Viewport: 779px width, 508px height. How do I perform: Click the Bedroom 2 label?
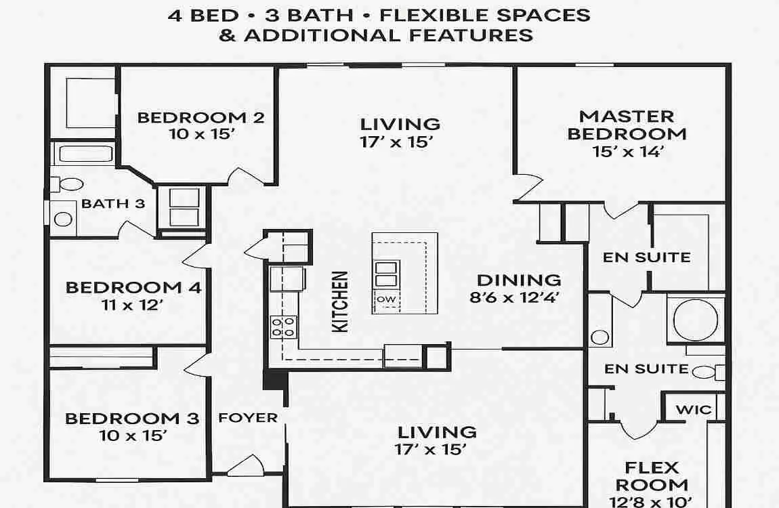201,117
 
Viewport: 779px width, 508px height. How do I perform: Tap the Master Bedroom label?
627,125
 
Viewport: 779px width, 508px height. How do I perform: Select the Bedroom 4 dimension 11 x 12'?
133,305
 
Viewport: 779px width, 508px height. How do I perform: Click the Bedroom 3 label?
132,418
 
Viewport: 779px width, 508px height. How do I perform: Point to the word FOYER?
248,418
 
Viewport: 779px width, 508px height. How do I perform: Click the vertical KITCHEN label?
341,301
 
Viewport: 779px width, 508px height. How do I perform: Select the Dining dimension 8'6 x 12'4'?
518,296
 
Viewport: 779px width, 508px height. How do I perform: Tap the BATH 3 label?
113,203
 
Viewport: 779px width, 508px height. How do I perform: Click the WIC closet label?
694,409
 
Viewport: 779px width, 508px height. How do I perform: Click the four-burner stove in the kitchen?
283,326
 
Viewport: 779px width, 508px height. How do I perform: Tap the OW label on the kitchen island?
386,299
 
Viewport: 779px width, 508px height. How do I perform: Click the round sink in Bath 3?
64,219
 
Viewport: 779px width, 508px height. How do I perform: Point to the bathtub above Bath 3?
83,154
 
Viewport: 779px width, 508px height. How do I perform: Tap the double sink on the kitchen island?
386,273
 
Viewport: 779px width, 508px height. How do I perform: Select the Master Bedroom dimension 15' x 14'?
627,151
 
